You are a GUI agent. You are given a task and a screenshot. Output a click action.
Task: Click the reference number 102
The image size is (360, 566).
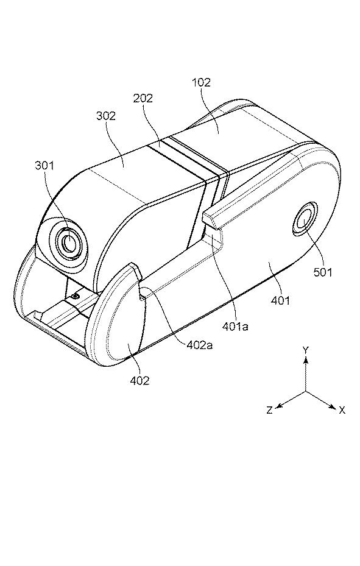201,83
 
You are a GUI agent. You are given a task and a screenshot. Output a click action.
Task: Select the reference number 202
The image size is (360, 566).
143,98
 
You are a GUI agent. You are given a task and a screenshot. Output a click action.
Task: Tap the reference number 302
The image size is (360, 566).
106,116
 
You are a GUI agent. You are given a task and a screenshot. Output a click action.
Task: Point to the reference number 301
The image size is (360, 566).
44,166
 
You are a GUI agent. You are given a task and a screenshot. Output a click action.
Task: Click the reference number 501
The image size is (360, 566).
322,272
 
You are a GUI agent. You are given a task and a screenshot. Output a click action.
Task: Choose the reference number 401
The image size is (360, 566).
280,300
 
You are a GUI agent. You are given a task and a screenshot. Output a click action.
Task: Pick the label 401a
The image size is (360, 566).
235,327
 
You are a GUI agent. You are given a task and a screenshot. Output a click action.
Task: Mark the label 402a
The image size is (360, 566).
200,345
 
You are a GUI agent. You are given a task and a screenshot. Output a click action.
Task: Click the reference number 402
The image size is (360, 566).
140,380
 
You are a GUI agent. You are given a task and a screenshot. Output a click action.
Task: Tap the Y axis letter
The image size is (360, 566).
306,350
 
